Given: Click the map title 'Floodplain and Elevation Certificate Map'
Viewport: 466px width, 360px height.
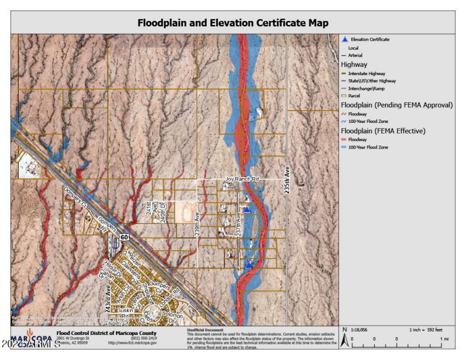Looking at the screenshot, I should tap(233, 23).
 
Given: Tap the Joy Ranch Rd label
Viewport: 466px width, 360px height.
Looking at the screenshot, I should tap(238, 179).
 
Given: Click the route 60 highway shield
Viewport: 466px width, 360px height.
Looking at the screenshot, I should tap(125, 238).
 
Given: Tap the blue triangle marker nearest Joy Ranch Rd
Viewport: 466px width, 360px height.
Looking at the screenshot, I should tap(247, 209).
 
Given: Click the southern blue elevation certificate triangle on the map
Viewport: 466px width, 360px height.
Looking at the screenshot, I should tap(248, 265).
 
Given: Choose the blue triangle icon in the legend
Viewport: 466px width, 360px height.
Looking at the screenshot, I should tap(344, 40).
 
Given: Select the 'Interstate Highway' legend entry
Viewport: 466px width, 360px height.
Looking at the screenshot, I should tap(366, 73).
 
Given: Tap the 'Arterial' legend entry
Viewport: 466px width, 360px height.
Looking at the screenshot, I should tap(355, 55).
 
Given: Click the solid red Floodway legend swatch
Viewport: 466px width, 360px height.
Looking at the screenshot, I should tap(344, 140).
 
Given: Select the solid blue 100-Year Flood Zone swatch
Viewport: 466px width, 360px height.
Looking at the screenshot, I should tap(344, 147).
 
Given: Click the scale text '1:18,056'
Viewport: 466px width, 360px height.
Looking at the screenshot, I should tap(358, 330).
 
